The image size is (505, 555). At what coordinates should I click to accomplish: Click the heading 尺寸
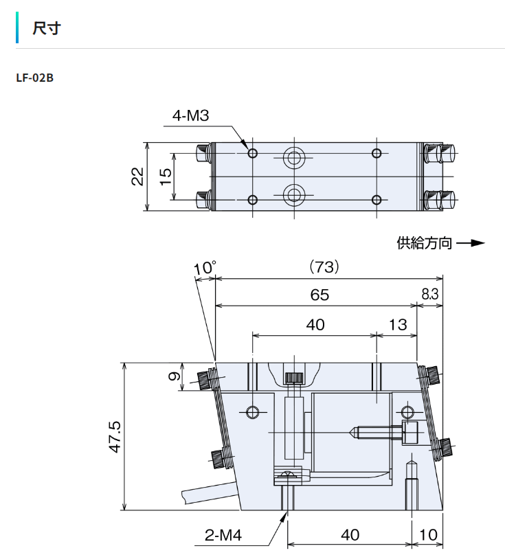pos(47,28)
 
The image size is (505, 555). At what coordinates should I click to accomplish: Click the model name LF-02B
pos(35,78)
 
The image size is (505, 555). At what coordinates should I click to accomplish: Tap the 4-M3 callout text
pos(190,116)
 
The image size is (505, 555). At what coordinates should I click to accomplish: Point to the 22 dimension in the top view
pos(137,177)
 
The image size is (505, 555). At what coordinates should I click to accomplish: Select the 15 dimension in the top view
pos(166,177)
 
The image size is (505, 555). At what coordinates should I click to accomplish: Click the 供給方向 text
pos(424,243)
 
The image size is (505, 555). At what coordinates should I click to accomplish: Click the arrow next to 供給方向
pos(471,243)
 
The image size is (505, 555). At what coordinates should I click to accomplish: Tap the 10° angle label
pos(205,268)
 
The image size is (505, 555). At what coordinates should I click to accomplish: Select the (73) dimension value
pos(324,267)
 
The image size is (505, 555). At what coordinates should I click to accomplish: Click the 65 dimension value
pos(319,295)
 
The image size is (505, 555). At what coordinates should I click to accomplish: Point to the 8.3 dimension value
pos(430,294)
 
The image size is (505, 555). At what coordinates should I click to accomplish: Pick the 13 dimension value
pos(398,325)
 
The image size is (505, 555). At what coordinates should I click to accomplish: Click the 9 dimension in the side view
pos(174,376)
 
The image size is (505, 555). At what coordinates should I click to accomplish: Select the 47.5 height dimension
pos(115,436)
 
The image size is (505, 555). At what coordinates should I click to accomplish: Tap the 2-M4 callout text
pos(223,535)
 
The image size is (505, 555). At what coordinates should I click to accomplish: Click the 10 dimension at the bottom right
pos(428,535)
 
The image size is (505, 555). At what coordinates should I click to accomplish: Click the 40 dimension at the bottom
pos(350,535)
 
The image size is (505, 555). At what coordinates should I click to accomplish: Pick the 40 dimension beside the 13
pos(315,325)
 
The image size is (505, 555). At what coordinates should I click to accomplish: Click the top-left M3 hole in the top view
pos(253,153)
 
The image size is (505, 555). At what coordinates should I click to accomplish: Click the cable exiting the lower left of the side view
pos(209,492)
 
